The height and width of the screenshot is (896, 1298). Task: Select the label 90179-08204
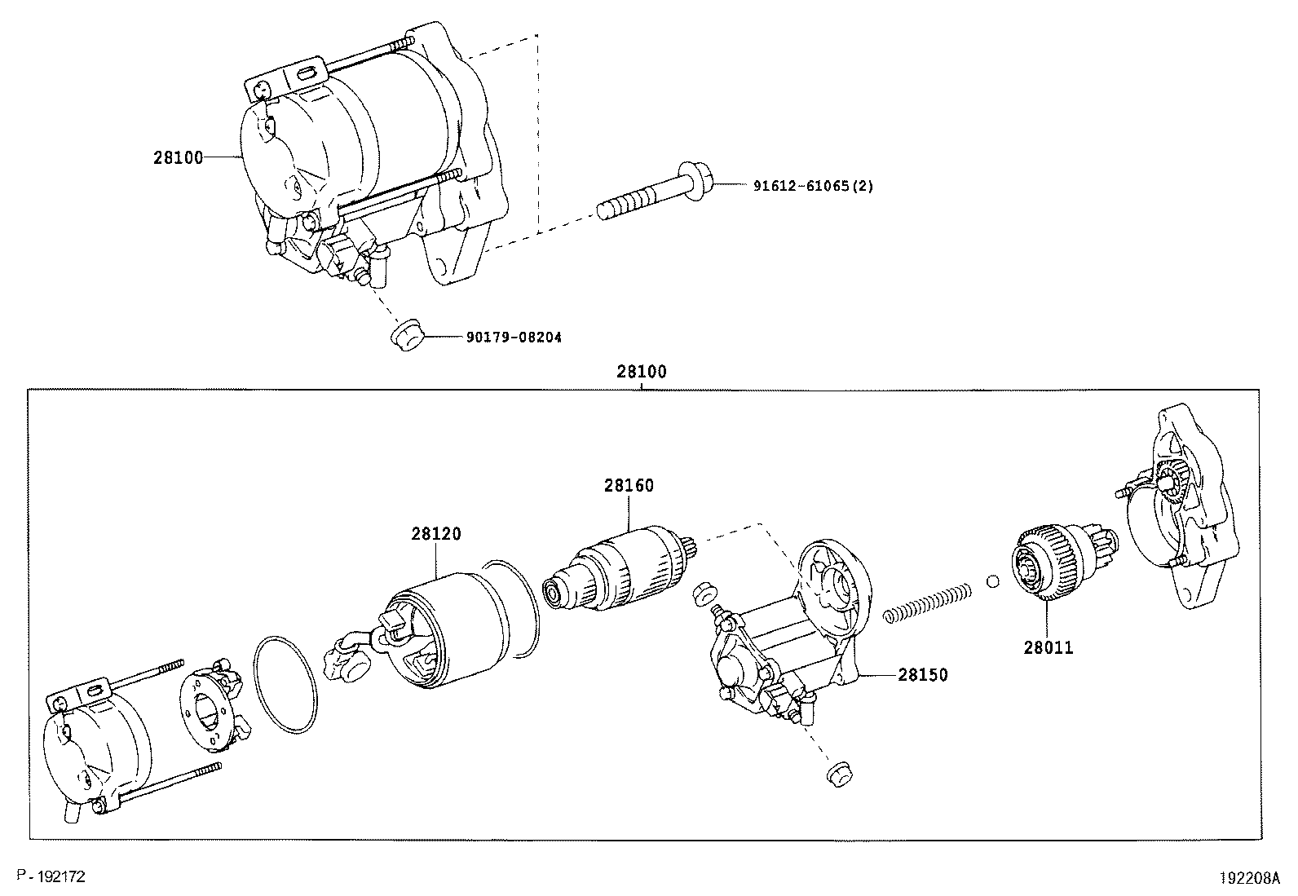(514, 337)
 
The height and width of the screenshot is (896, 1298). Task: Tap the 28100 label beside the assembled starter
(178, 157)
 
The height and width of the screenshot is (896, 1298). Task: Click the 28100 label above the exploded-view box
(641, 372)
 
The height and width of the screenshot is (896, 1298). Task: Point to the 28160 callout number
(629, 485)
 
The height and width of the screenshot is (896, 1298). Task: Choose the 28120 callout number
(435, 534)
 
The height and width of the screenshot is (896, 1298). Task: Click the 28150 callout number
(923, 675)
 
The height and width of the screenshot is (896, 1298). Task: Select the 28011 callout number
(1049, 648)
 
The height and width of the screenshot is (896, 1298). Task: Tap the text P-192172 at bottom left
(51, 876)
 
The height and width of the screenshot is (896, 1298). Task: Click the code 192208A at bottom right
(1250, 878)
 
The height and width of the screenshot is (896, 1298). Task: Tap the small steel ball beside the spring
(992, 581)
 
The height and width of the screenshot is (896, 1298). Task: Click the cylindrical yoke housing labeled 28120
(457, 628)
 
